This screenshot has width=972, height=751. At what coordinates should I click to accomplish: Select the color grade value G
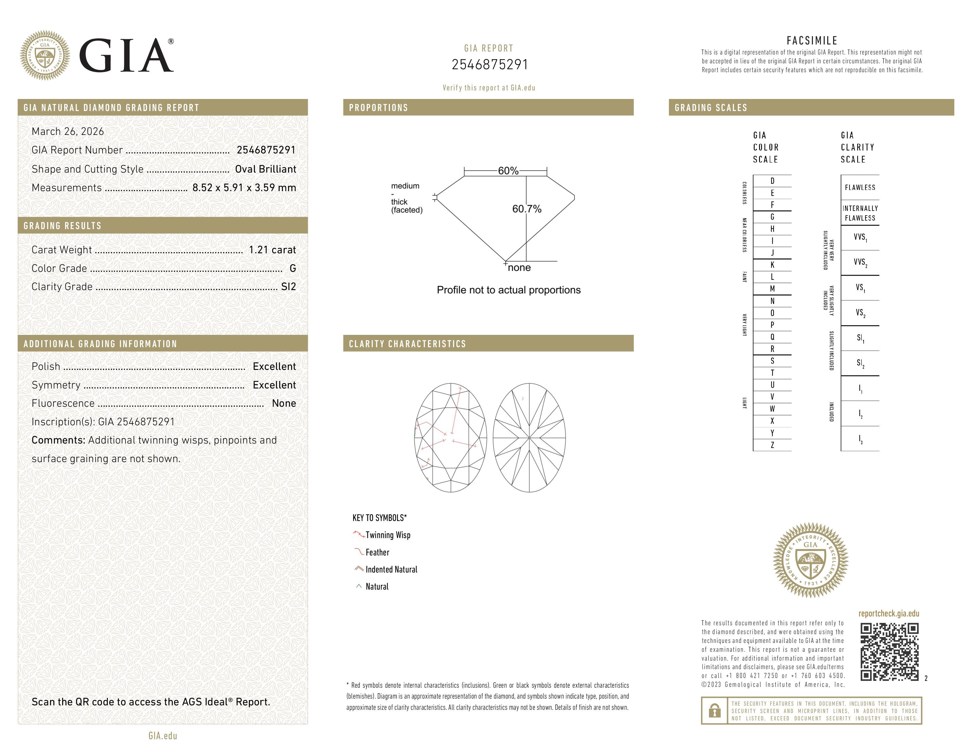tap(292, 268)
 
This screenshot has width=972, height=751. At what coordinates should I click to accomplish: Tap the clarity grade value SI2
tap(288, 287)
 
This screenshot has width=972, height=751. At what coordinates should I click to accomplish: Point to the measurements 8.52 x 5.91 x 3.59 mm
tap(244, 188)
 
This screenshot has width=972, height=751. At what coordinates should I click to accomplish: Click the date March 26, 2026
tap(68, 131)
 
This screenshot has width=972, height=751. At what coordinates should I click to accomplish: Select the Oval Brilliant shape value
tap(265, 169)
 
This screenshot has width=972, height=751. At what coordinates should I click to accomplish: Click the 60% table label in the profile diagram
tap(508, 171)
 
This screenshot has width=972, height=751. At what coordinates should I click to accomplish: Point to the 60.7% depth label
tap(527, 209)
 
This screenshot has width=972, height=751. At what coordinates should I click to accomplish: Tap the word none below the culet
tap(519, 267)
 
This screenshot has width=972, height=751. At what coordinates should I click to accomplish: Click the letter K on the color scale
tap(772, 265)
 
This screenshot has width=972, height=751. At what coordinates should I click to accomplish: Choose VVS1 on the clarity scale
tap(860, 238)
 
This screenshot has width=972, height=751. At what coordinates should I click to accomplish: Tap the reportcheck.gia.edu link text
tap(888, 613)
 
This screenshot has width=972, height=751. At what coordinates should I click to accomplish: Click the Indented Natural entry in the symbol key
tap(391, 570)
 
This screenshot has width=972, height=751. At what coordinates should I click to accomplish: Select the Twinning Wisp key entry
tap(387, 535)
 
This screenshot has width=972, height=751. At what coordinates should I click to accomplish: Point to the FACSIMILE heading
tap(812, 40)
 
